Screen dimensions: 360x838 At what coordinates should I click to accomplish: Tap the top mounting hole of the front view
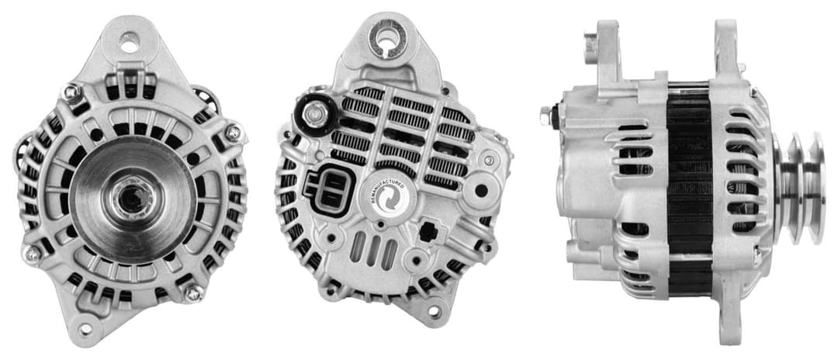coord(130,43)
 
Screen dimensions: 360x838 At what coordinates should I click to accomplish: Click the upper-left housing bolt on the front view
coord(71,92)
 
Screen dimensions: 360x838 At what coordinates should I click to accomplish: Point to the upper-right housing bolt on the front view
coord(232,133)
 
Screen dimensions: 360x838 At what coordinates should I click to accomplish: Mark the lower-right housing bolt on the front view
coord(192,292)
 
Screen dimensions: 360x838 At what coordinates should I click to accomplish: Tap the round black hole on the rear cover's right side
coord(481,189)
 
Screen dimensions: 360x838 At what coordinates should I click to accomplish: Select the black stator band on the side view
coord(689,186)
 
